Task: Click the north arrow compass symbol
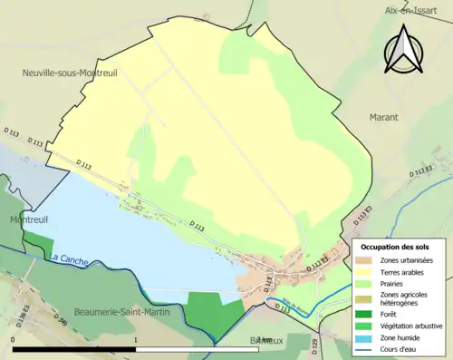tap(403, 49)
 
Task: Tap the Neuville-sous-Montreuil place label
tap(72, 72)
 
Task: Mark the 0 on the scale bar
tap(14, 340)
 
